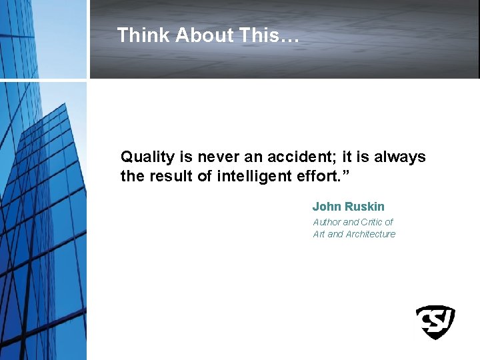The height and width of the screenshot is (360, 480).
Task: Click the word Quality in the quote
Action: (147, 158)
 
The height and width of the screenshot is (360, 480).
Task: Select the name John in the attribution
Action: (327, 207)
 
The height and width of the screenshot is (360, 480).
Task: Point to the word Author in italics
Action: (327, 222)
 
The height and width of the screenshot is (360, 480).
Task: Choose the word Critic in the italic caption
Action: (372, 222)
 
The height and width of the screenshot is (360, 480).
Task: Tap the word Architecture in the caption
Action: (371, 234)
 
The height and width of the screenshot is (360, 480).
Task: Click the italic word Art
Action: (319, 234)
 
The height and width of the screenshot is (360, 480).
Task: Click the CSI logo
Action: (435, 322)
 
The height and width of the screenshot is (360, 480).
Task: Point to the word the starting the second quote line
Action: (129, 177)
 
